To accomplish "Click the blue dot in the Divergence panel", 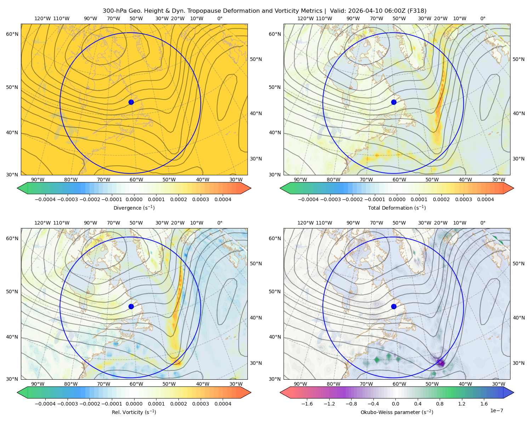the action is (x=131, y=102).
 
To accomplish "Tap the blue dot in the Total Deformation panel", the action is (x=394, y=102).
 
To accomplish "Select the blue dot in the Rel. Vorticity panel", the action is (x=131, y=306).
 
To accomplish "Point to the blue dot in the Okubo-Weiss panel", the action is (x=394, y=306).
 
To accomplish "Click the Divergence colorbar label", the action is (x=134, y=208).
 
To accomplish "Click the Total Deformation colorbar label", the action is (x=397, y=208).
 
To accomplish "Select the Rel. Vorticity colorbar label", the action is (x=134, y=412).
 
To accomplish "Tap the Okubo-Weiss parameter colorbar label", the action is (x=397, y=412).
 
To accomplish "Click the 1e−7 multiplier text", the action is (x=496, y=411).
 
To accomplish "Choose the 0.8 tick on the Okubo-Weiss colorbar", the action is (x=440, y=404).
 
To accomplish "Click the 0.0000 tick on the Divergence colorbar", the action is (x=134, y=199).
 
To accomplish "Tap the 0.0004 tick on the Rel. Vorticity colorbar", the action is (x=223, y=404).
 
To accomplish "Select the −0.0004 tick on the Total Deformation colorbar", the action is (x=308, y=199).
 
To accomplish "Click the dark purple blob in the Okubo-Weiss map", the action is (x=440, y=363).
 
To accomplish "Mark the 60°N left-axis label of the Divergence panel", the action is (x=12, y=34).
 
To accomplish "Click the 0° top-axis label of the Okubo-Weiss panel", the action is (x=483, y=223).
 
